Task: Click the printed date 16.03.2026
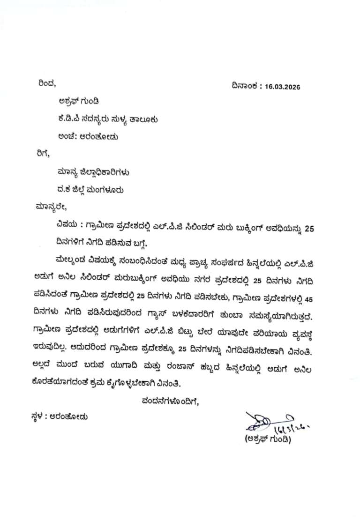tap(282, 87)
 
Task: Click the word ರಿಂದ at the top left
tap(46, 84)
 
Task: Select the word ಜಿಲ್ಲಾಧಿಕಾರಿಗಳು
tap(104, 172)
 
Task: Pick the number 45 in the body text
tap(309, 297)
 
